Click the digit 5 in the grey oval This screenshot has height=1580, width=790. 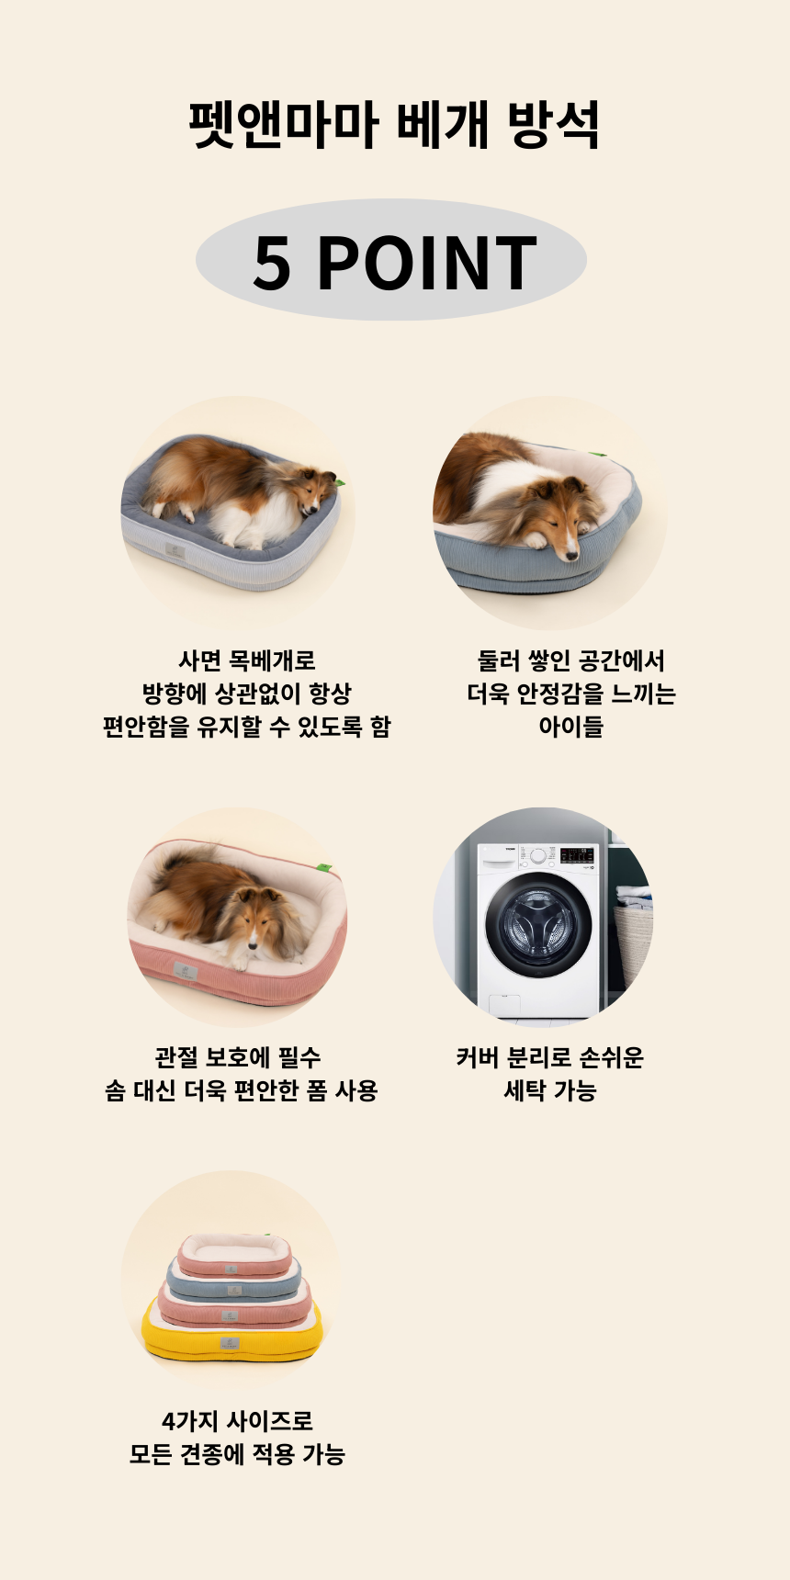point(272,263)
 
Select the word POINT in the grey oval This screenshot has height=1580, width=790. point(427,263)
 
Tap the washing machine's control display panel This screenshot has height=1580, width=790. point(577,855)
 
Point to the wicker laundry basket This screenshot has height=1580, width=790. point(633,942)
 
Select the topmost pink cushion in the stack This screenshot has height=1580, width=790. point(234,1255)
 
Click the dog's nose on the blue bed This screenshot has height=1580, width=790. point(572,552)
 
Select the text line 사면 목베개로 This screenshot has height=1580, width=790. point(246,660)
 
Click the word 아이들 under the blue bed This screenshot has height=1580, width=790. point(570,727)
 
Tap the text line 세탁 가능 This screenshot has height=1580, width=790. point(549,1090)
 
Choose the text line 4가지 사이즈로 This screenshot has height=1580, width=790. point(237,1421)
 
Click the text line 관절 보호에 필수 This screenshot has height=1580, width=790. point(237,1057)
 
